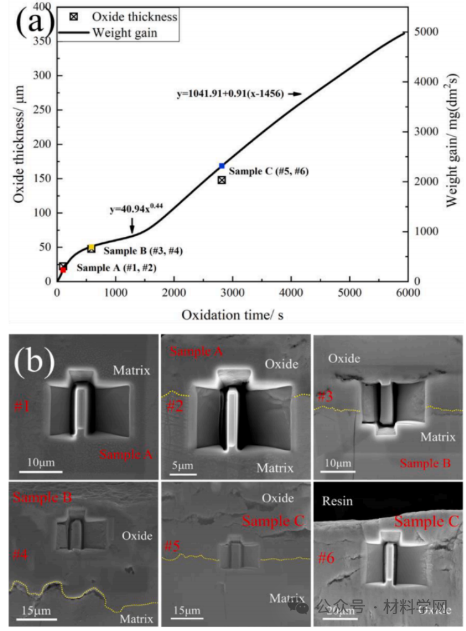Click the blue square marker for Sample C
coord(222,166)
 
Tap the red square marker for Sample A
coord(63,270)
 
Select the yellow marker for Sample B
coord(91,247)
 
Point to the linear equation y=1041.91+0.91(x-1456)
coord(231,94)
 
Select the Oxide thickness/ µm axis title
coord(18,144)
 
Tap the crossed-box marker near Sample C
coord(222,180)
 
